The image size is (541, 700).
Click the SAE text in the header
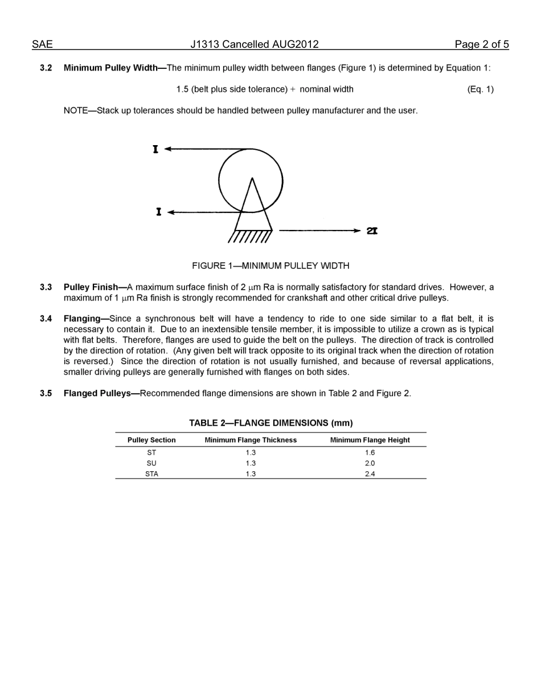pos(42,44)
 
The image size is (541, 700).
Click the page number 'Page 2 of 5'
pos(481,44)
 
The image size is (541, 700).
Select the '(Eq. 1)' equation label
pos(480,89)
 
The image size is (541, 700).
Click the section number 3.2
pos(46,68)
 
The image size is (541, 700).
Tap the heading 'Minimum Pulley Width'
pos(110,68)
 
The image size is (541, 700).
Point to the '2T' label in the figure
pos(372,230)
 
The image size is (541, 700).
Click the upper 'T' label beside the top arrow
pos(155,149)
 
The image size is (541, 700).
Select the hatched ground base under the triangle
pos(251,236)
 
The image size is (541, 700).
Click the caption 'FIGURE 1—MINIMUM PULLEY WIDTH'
pos(270,266)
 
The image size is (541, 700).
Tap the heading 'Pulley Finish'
pos(91,287)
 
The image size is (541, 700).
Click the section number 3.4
pos(46,319)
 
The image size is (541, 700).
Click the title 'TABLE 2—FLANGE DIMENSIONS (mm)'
pos(270,423)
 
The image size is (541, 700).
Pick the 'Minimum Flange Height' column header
pos(370,440)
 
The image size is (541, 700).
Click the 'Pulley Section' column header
pos(151,440)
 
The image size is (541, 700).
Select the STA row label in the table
pos(151,473)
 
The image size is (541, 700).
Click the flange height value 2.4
pos(370,473)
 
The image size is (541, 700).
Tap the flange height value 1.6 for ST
pos(370,452)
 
